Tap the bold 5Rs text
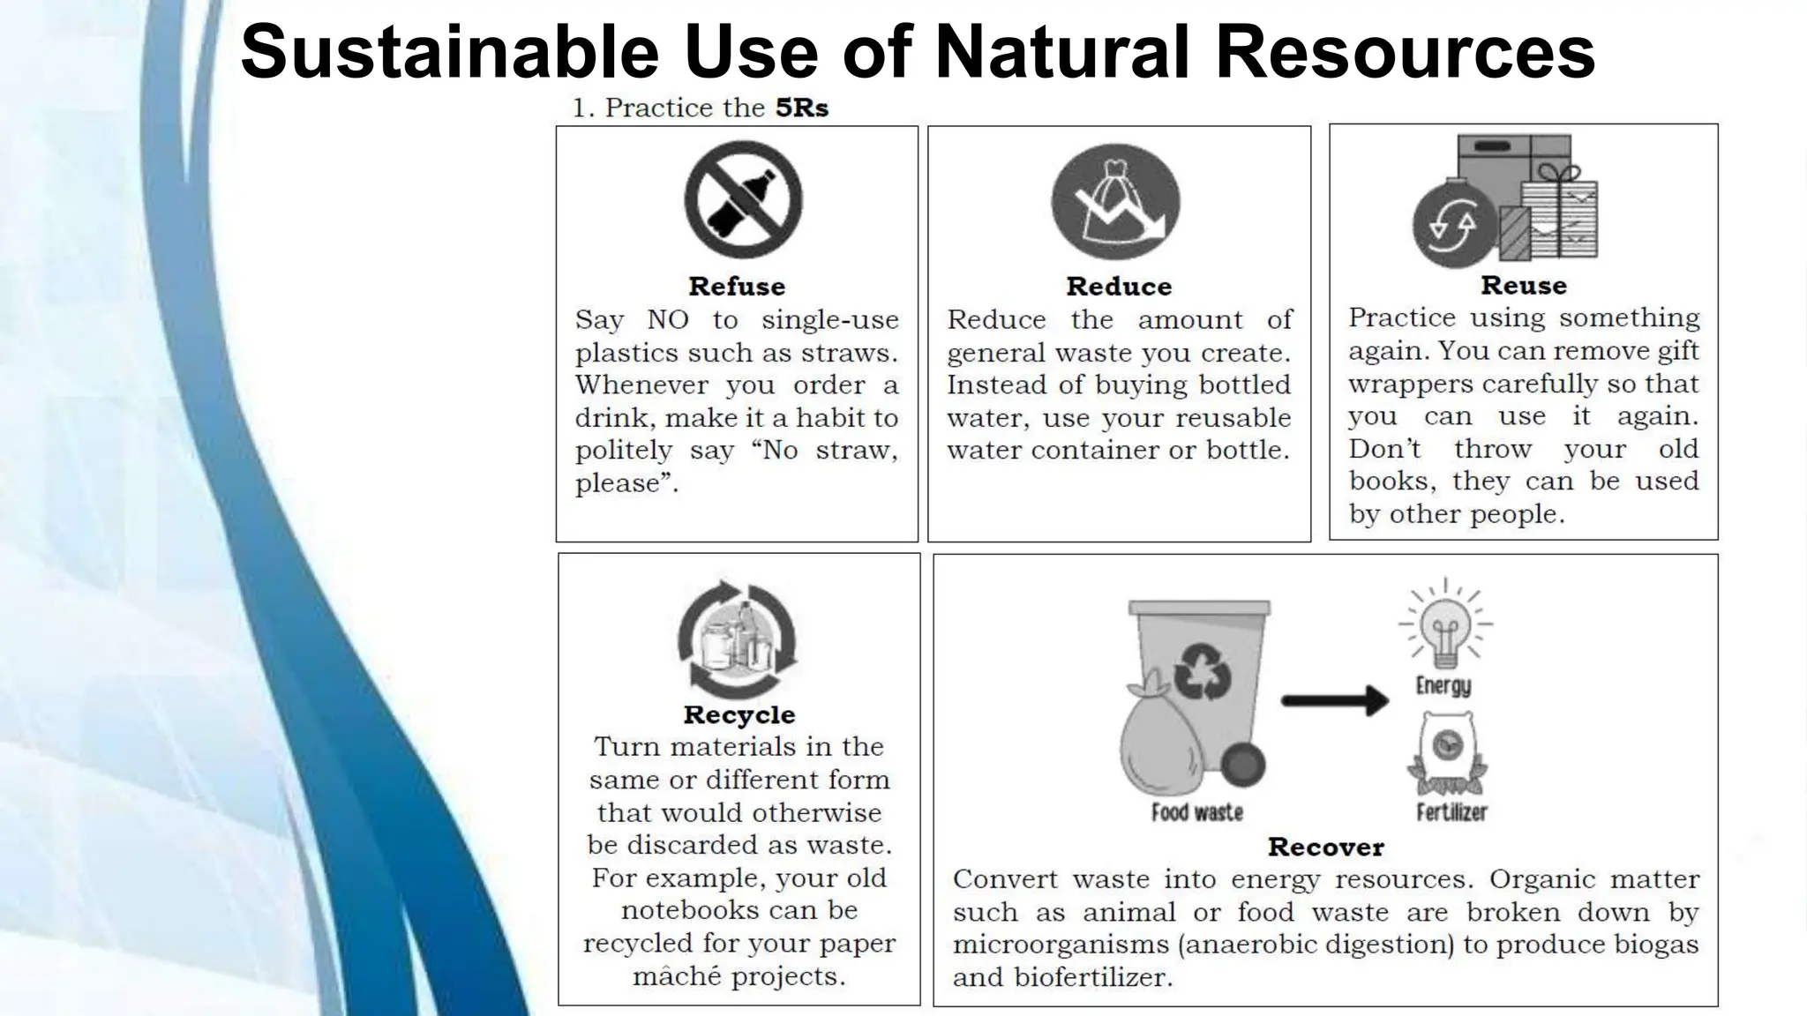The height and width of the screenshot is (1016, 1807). coord(801,108)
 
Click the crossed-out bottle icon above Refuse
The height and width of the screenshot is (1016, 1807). coord(743,199)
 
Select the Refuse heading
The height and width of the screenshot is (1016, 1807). coord(737,287)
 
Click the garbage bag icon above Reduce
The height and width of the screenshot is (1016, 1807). coord(1115,203)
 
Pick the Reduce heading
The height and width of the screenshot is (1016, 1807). coord(1119,287)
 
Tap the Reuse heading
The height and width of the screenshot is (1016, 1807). coord(1524,286)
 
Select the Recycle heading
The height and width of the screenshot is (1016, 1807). coord(739,714)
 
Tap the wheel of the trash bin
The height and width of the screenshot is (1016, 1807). coord(1242,765)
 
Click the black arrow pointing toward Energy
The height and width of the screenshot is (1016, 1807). coord(1334,701)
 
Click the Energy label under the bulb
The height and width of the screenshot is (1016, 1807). coord(1443,685)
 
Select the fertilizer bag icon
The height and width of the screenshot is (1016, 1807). coord(1447,753)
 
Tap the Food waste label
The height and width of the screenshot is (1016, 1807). coord(1197,812)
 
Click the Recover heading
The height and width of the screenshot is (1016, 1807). coord(1325,848)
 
